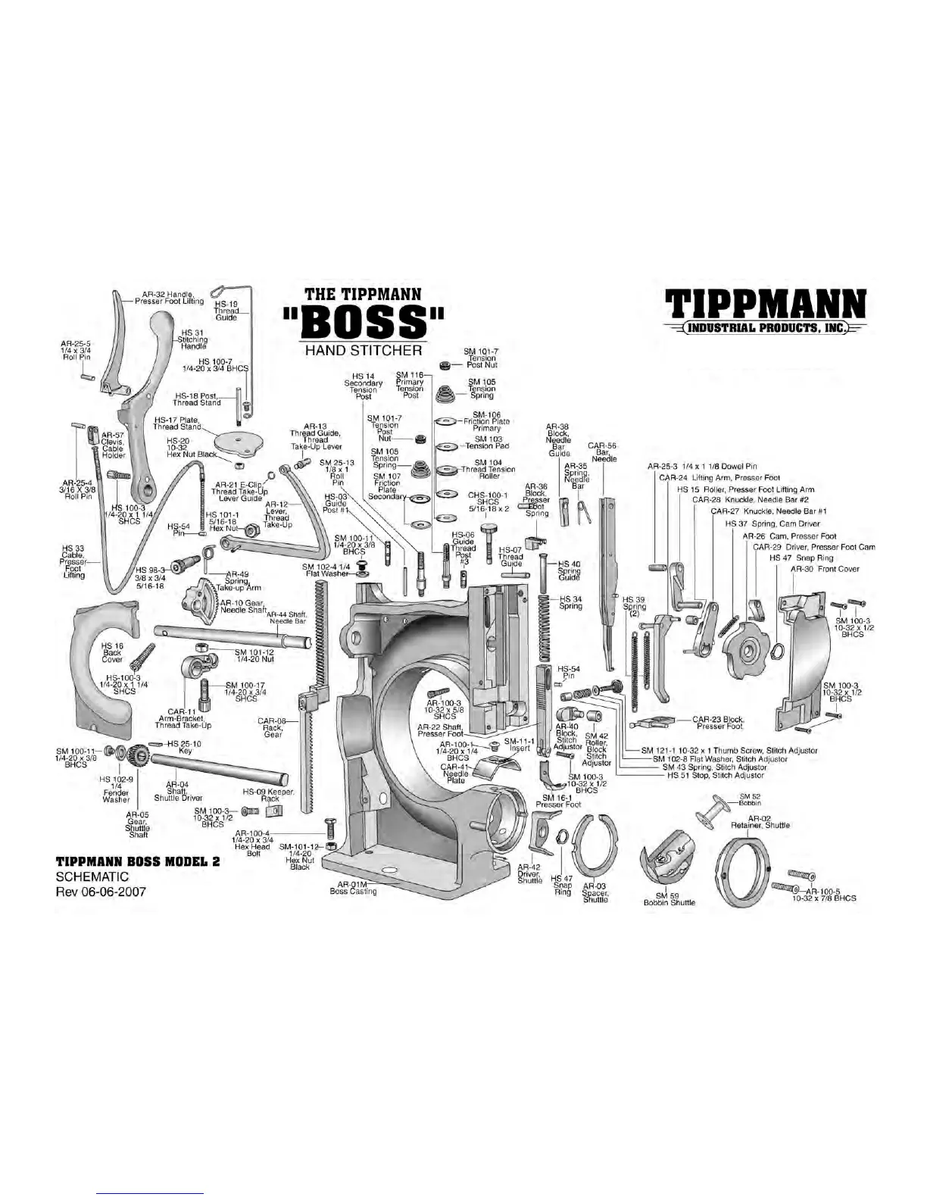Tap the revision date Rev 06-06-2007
[x=101, y=892]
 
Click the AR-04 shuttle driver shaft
[x=220, y=767]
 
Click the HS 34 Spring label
[x=570, y=602]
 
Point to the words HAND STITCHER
[x=363, y=351]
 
